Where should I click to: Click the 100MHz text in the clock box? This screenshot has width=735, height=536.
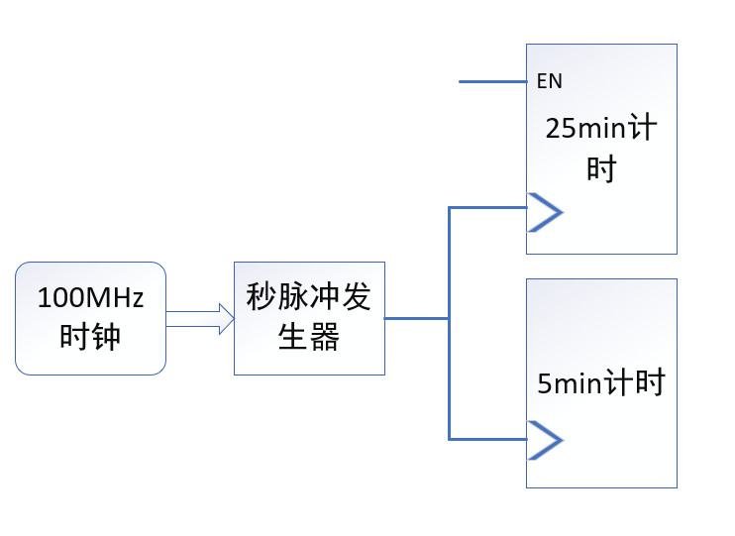click(x=90, y=297)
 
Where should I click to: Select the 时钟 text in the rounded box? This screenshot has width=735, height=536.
click(x=90, y=337)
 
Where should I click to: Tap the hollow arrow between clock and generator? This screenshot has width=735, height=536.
click(x=199, y=318)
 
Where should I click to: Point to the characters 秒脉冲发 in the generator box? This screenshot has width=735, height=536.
click(x=309, y=297)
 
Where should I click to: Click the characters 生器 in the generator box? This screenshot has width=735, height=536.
click(x=309, y=337)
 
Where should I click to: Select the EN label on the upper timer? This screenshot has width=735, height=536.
click(x=549, y=81)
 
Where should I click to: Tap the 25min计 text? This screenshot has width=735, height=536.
click(x=601, y=129)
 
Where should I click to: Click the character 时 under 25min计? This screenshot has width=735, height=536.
click(x=601, y=169)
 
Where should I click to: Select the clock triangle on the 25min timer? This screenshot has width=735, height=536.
click(x=544, y=211)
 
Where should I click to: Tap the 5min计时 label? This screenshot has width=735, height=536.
click(x=601, y=382)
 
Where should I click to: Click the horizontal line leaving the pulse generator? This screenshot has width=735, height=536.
click(x=416, y=318)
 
